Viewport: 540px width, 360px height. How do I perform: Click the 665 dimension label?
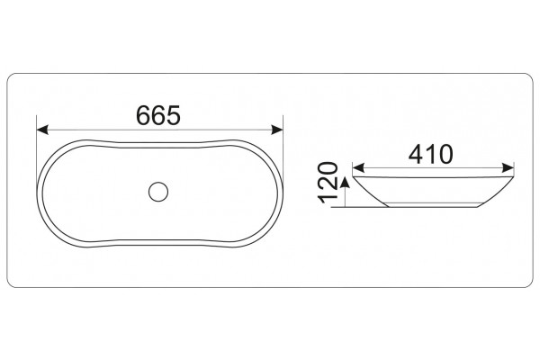[x=158, y=115]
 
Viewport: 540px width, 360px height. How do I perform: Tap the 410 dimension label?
[x=430, y=154]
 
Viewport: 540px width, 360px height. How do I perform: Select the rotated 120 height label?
[x=328, y=183]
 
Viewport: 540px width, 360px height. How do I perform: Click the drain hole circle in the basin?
[x=158, y=192]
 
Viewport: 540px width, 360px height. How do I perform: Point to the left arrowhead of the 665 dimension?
[x=42, y=130]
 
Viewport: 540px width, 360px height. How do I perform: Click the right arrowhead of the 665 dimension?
[x=277, y=130]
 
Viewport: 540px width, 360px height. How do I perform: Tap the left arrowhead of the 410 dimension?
[x=358, y=168]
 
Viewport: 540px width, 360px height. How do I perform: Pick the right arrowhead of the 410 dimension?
[x=508, y=168]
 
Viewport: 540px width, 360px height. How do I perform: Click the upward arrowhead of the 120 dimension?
[x=345, y=182]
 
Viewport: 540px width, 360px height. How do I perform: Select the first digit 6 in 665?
[x=143, y=115]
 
